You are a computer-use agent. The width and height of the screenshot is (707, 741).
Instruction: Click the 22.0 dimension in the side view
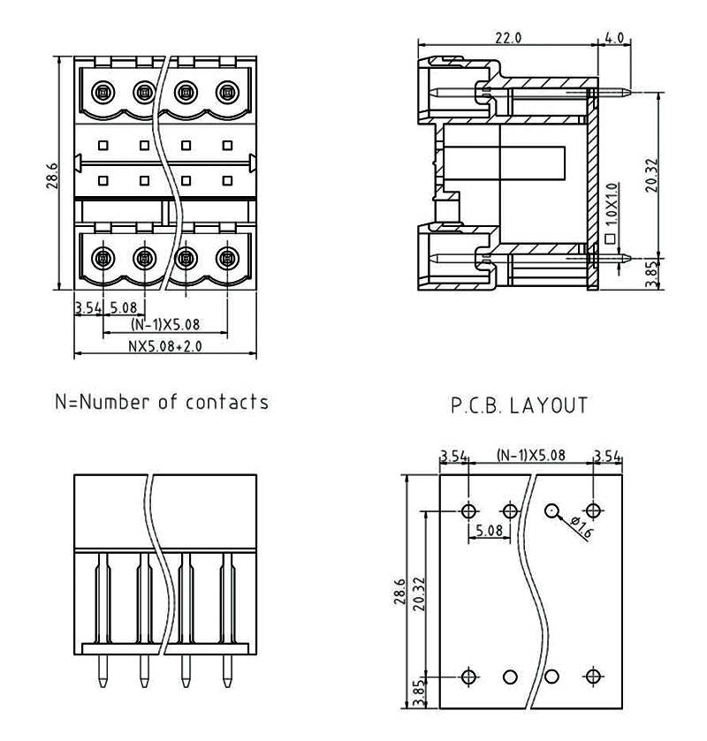tap(506, 38)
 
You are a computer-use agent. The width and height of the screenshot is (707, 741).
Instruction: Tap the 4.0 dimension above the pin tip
tap(614, 38)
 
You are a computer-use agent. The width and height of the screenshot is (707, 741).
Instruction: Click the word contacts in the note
tap(226, 403)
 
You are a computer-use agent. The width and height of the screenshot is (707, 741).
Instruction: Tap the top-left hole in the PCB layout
tap(468, 510)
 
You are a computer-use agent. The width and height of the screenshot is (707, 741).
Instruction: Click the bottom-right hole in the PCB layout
tap(593, 677)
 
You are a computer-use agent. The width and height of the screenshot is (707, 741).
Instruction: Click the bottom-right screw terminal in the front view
tap(227, 259)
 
